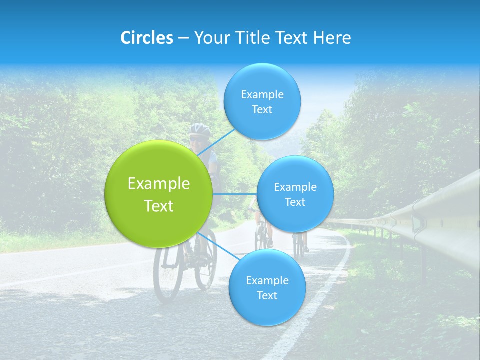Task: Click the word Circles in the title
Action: coord(147,38)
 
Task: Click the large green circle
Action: coord(159,194)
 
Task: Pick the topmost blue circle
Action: coord(262,101)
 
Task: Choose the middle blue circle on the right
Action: coord(295,194)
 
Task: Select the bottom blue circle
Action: coord(267,287)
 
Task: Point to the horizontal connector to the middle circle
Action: coord(235,194)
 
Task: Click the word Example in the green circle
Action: coord(159,184)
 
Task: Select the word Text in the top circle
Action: coord(262,110)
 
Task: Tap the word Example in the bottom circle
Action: coord(267,280)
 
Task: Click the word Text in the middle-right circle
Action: coord(295,202)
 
